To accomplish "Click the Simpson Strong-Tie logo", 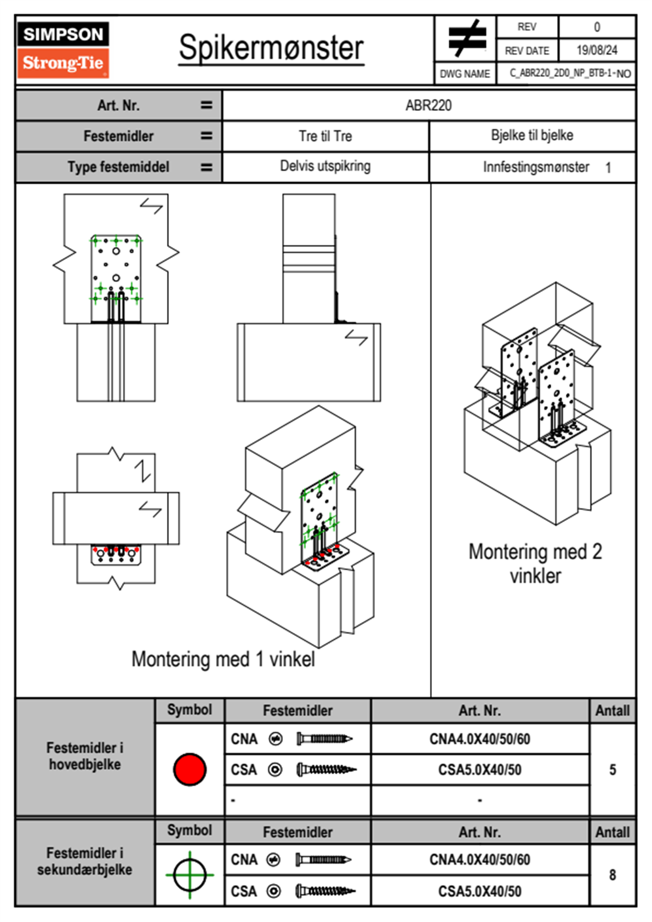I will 62,50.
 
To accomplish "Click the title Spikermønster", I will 271,48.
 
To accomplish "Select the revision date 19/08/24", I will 596,50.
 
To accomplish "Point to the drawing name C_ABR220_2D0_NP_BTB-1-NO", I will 570,73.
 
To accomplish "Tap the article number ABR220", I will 428,105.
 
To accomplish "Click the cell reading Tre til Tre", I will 325,136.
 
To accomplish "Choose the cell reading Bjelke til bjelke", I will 532,135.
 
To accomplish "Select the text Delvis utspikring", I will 325,166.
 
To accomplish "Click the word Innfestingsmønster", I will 536,167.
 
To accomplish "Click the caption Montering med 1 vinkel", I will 223,659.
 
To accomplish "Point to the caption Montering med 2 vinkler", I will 535,564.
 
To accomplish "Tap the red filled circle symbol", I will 190,769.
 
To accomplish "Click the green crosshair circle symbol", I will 190,875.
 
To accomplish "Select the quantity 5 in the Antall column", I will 612,770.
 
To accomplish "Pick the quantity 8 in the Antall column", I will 612,875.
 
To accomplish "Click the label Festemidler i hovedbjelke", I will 85,756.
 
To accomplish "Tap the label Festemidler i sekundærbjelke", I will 85,861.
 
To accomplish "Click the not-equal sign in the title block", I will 466,38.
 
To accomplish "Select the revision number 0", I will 597,27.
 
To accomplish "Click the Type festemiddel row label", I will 118,167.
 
